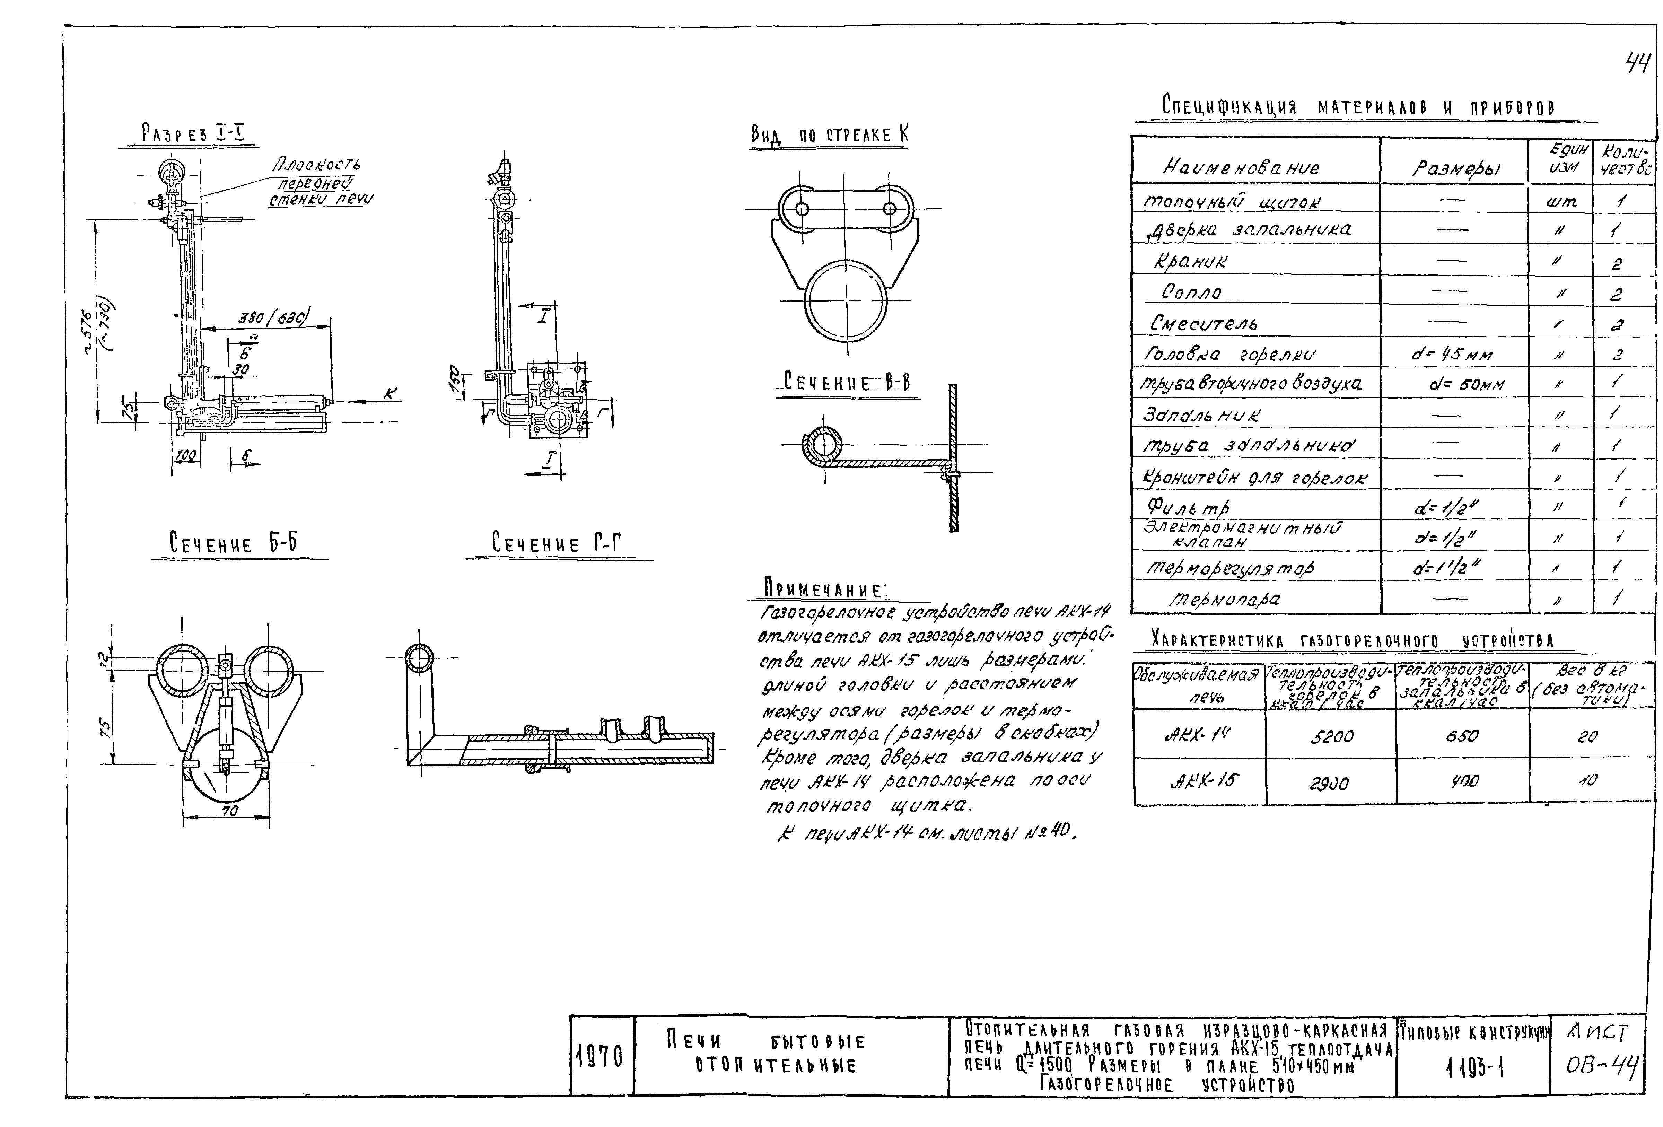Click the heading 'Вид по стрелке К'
(x=829, y=134)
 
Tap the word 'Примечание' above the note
(x=823, y=589)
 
